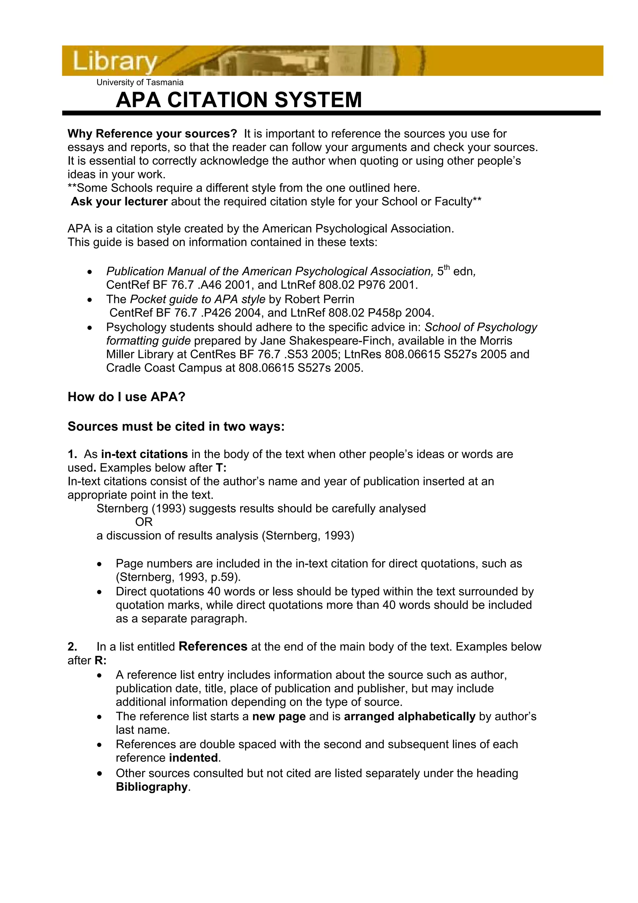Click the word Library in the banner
tap(114, 61)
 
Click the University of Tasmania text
tap(140, 83)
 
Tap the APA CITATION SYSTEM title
tap(239, 100)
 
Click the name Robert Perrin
tap(319, 299)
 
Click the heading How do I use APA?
tap(126, 397)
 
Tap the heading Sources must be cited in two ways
tap(176, 426)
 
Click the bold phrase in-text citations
tap(144, 454)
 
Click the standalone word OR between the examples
tap(144, 522)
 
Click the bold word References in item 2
tap(213, 647)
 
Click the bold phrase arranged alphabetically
tap(410, 717)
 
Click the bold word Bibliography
tap(152, 787)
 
